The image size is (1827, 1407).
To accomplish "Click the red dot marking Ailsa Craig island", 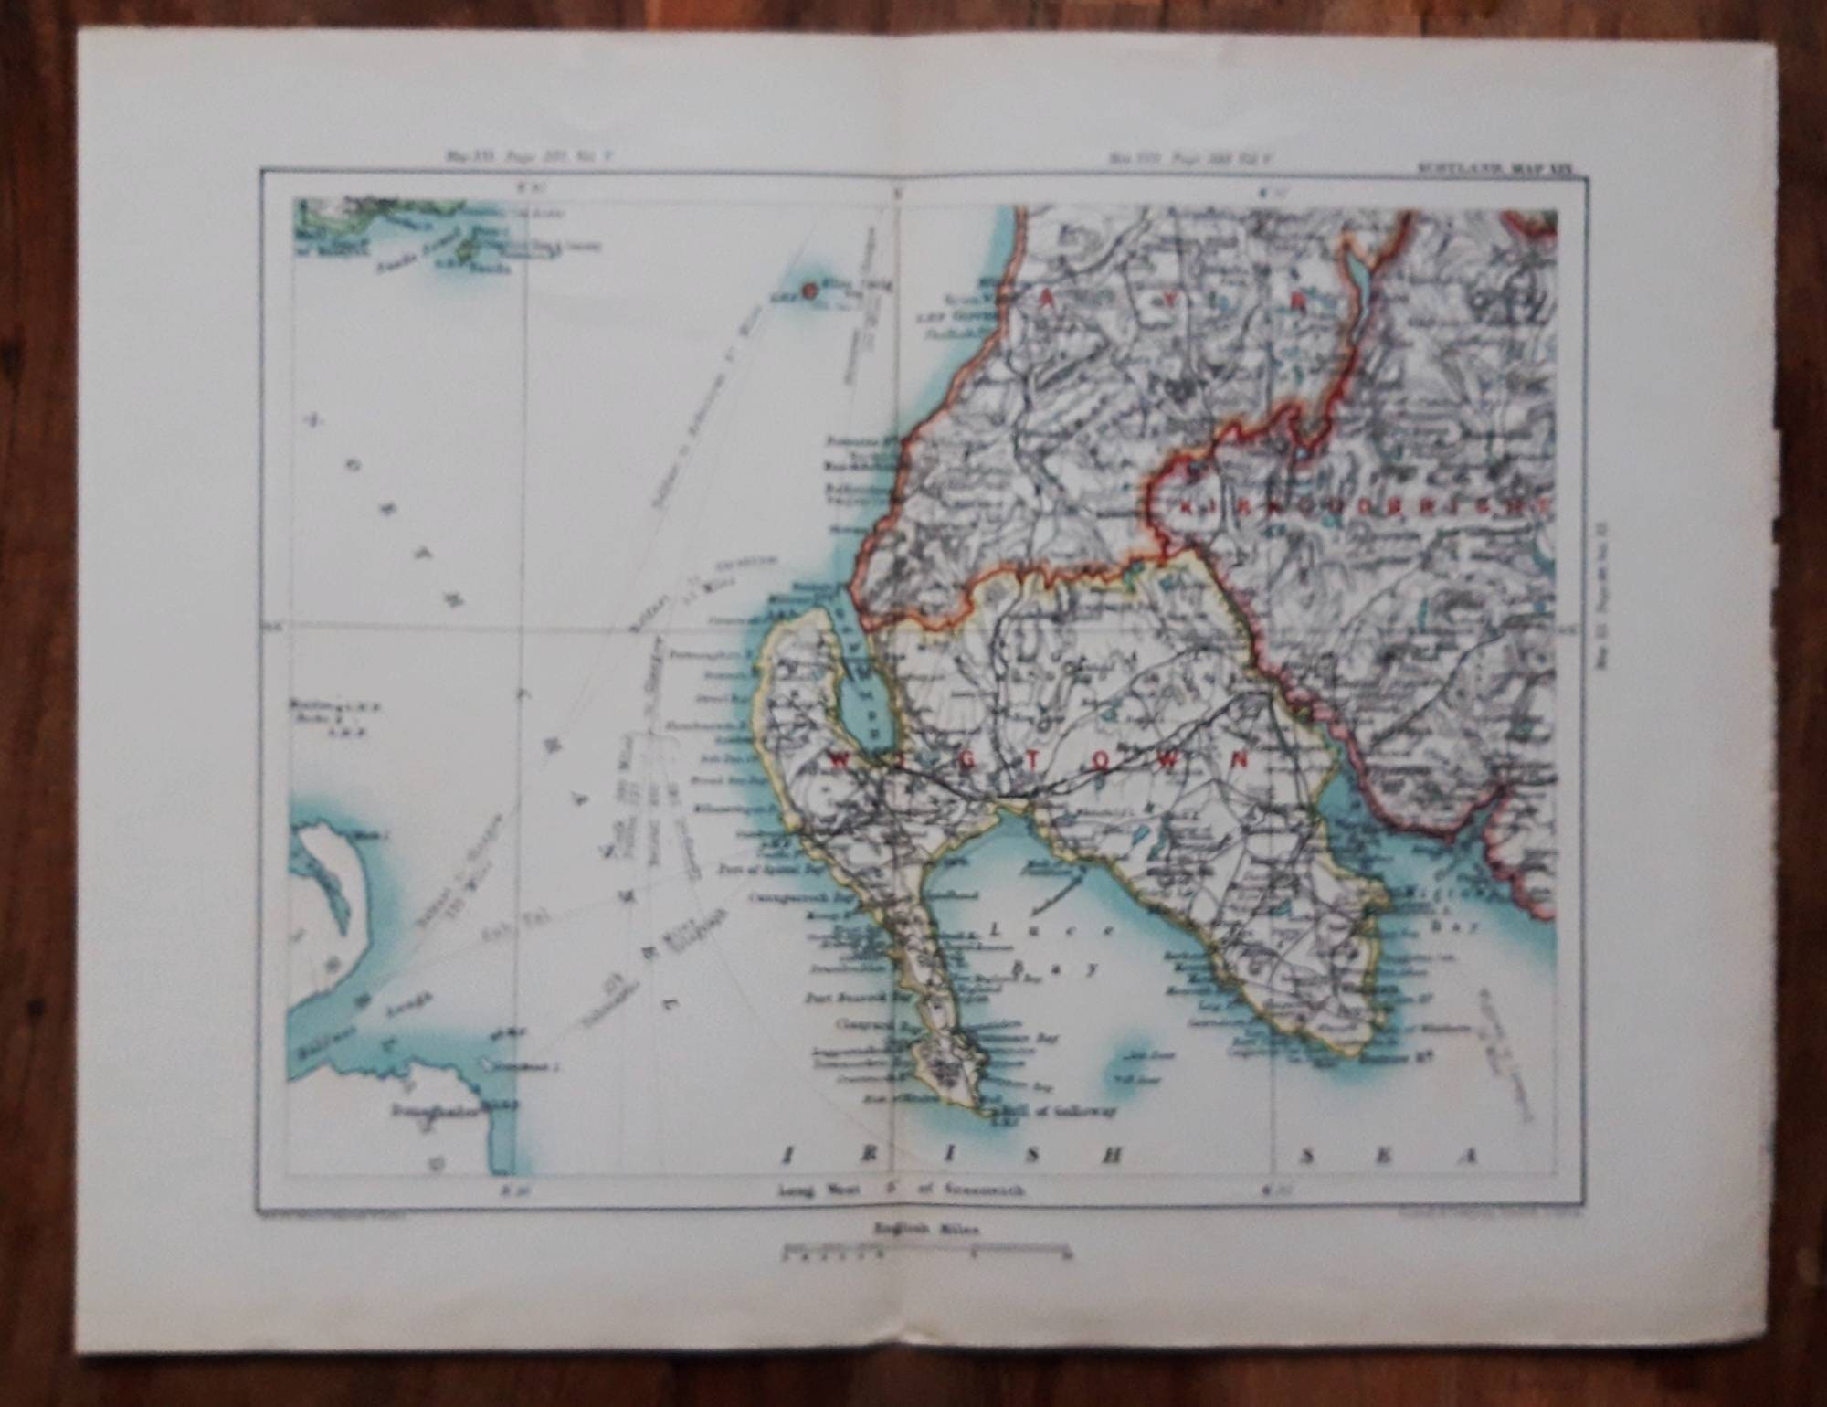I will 809,291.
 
